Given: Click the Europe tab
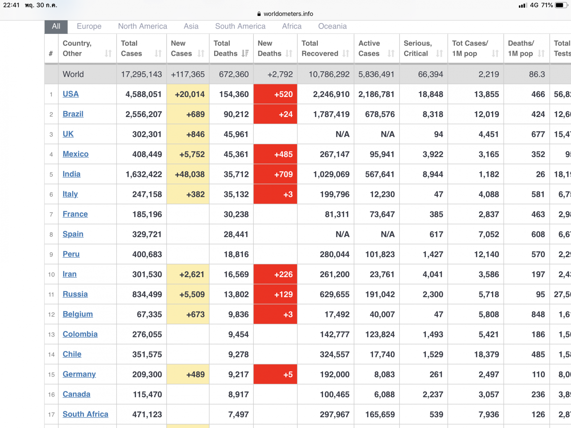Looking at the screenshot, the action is click(89, 26).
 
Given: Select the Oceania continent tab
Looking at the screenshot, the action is click(332, 26).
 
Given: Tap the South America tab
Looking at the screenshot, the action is click(240, 26).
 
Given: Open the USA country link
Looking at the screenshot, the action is click(71, 94).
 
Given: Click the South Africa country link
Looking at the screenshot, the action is click(86, 414).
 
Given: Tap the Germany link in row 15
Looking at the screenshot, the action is click(79, 374).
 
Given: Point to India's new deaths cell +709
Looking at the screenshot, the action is click(275, 174).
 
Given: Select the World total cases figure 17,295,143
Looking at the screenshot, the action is click(141, 74).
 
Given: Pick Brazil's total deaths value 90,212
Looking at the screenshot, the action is click(236, 114).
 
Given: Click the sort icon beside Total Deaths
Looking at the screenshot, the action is click(245, 53).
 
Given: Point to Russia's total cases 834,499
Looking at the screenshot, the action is click(147, 294).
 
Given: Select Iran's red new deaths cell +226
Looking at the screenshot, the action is click(275, 274).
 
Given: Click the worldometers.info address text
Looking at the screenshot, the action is click(288, 14).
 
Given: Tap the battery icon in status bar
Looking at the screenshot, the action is click(561, 5).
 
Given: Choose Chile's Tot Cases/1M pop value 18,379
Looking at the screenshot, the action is click(487, 354).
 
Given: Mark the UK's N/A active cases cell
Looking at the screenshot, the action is click(388, 134).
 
